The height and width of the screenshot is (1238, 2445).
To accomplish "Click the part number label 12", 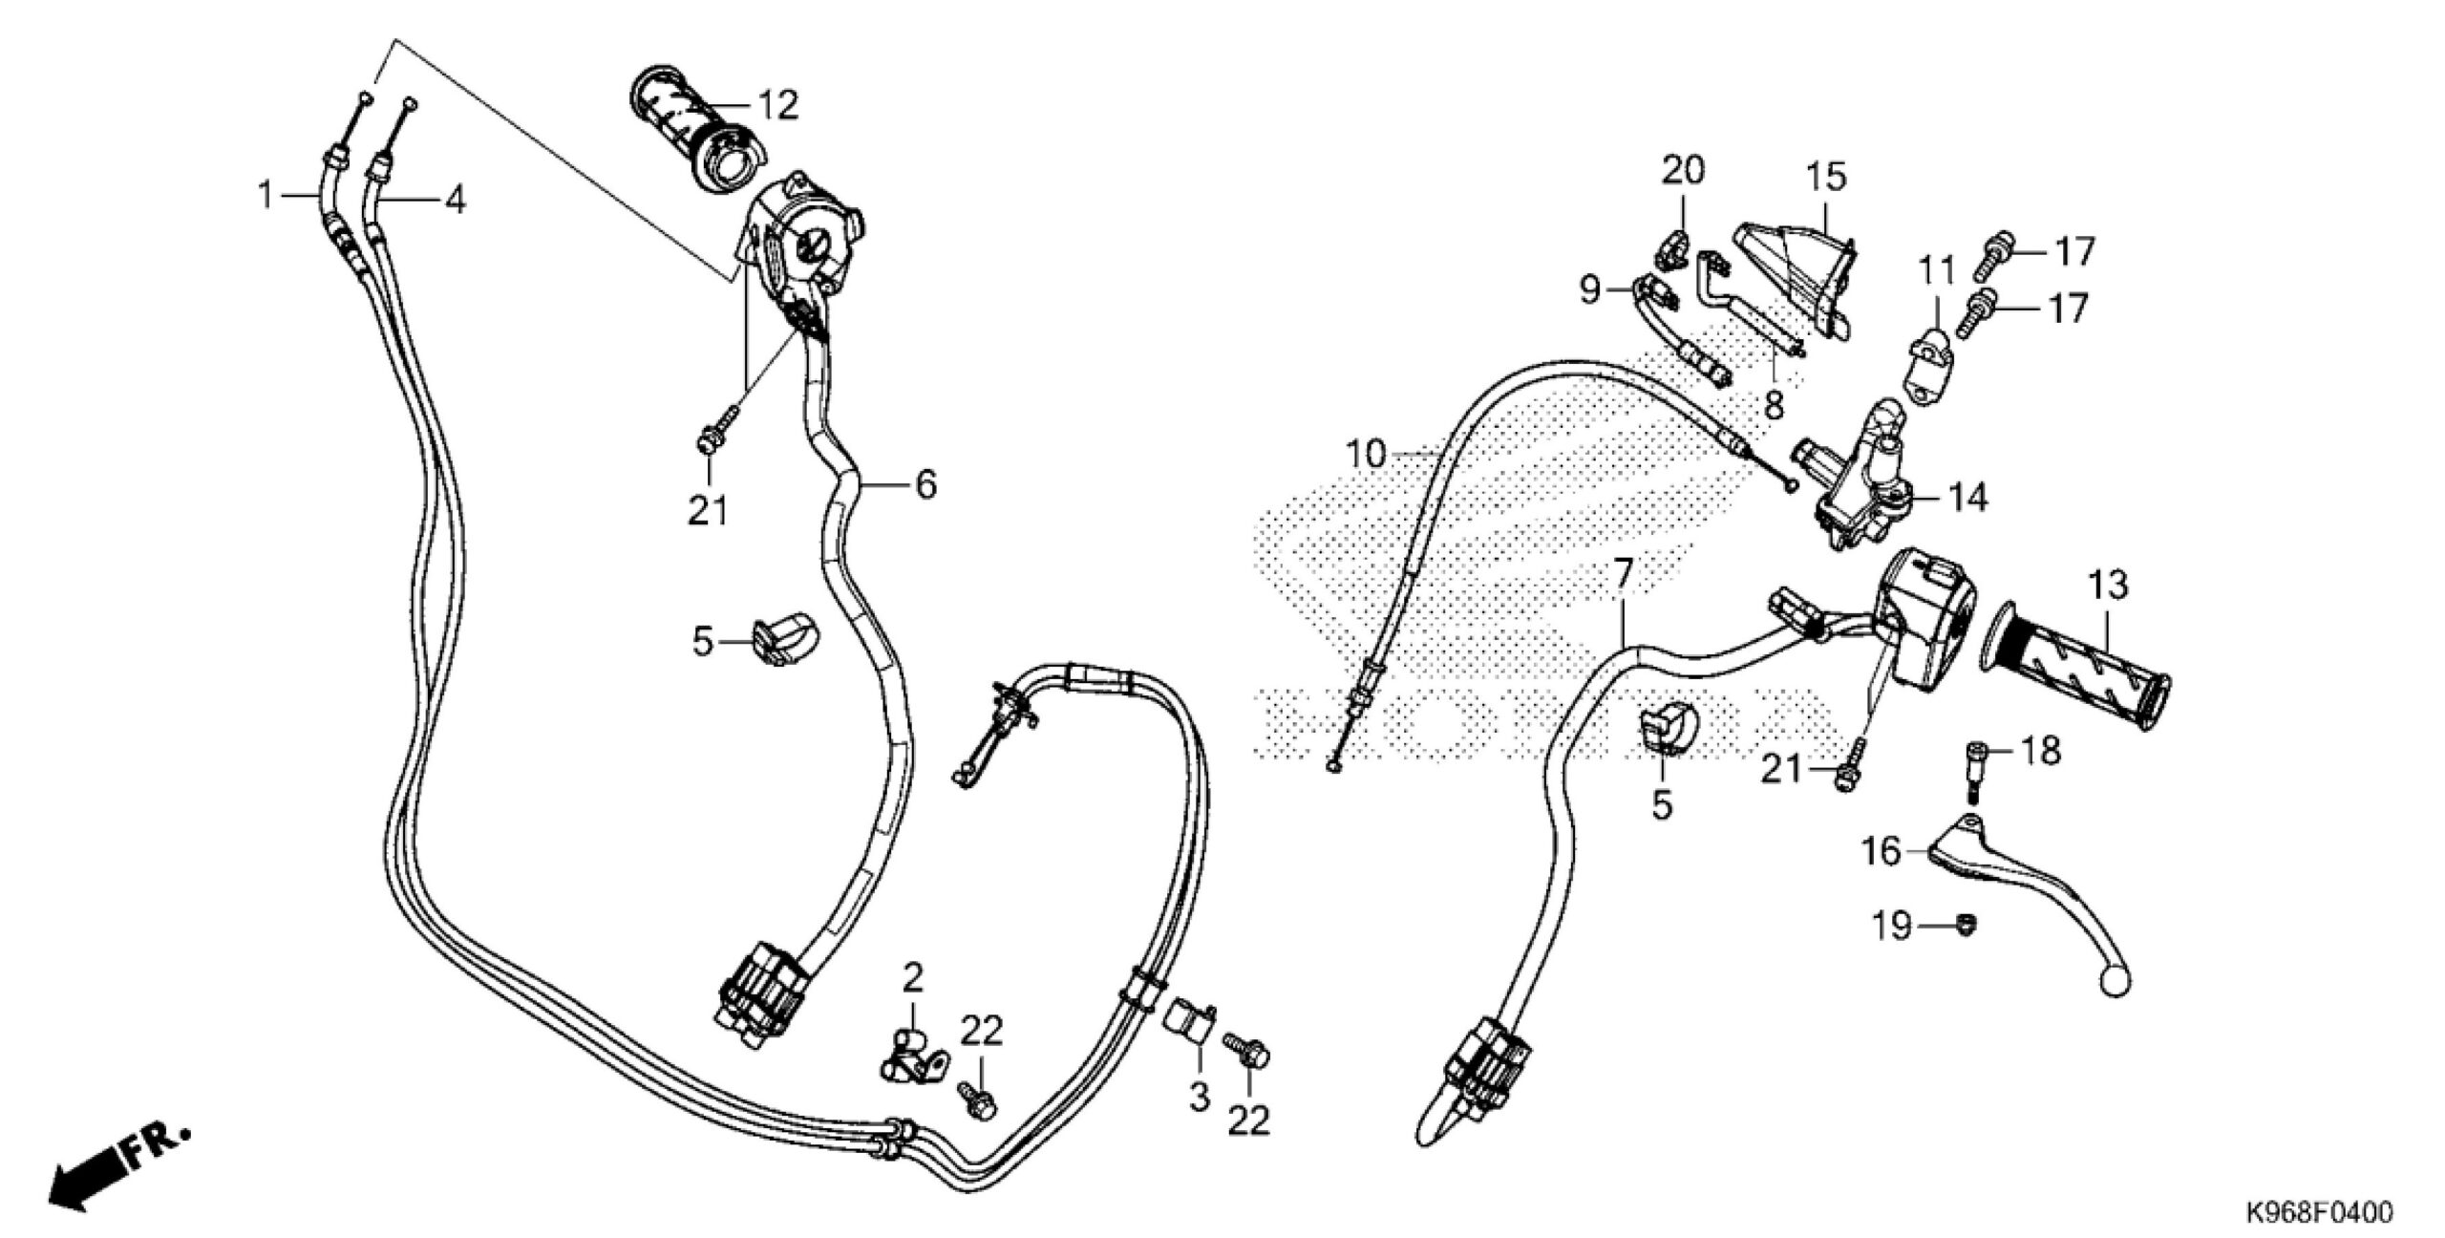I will click(x=777, y=107).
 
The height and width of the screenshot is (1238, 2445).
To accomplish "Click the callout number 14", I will click(x=1967, y=498).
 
